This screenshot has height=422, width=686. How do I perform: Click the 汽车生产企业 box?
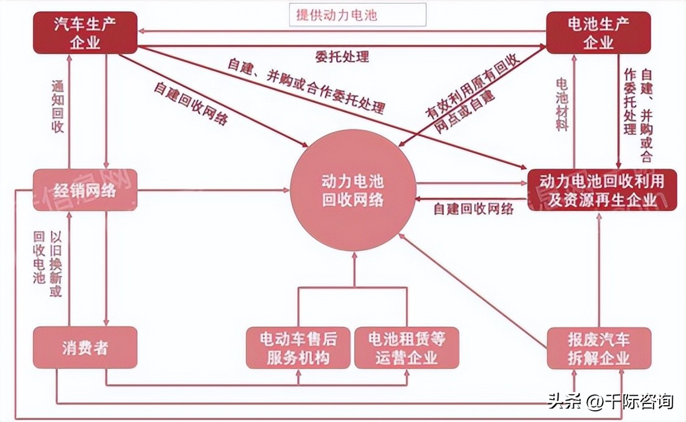[x=86, y=33]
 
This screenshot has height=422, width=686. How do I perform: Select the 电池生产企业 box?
[x=598, y=33]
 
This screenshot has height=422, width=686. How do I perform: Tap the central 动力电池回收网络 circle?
[x=353, y=190]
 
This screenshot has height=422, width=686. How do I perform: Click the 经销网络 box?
[x=85, y=190]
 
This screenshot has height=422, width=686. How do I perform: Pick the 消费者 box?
[x=85, y=347]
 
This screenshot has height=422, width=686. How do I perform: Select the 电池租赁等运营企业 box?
[x=406, y=347]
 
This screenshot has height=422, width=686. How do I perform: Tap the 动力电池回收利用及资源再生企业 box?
[x=601, y=190]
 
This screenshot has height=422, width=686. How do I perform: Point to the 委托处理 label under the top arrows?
[x=342, y=57]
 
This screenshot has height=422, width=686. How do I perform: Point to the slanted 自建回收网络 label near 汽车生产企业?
[x=190, y=103]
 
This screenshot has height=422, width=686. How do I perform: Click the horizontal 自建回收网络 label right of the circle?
[x=474, y=209]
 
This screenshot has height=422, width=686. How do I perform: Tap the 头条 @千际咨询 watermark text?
[x=610, y=401]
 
